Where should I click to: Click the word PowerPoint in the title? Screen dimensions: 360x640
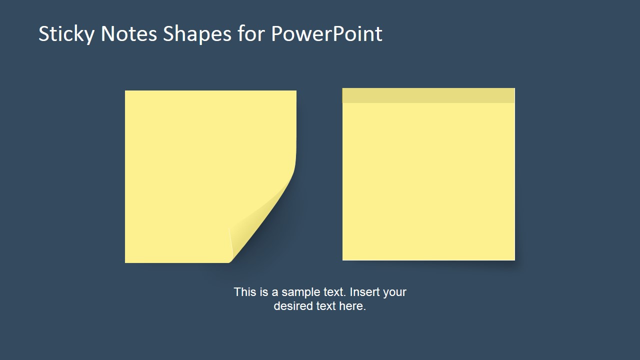pyautogui.click(x=326, y=34)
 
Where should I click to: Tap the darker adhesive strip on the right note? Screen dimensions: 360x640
pyautogui.click(x=428, y=95)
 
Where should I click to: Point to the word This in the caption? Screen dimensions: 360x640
pyautogui.click(x=244, y=292)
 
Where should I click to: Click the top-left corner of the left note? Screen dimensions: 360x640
pyautogui.click(x=126, y=91)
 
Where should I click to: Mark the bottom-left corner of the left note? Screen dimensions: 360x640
pyautogui.click(x=126, y=261)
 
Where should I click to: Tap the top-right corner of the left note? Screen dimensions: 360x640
pyautogui.click(x=295, y=91)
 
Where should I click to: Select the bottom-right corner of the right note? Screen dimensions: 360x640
pyautogui.click(x=514, y=259)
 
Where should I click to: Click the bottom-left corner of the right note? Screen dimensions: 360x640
pyautogui.click(x=343, y=259)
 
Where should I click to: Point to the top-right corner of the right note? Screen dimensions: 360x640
pyautogui.click(x=514, y=89)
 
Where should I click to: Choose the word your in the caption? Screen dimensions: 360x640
pyautogui.click(x=394, y=292)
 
